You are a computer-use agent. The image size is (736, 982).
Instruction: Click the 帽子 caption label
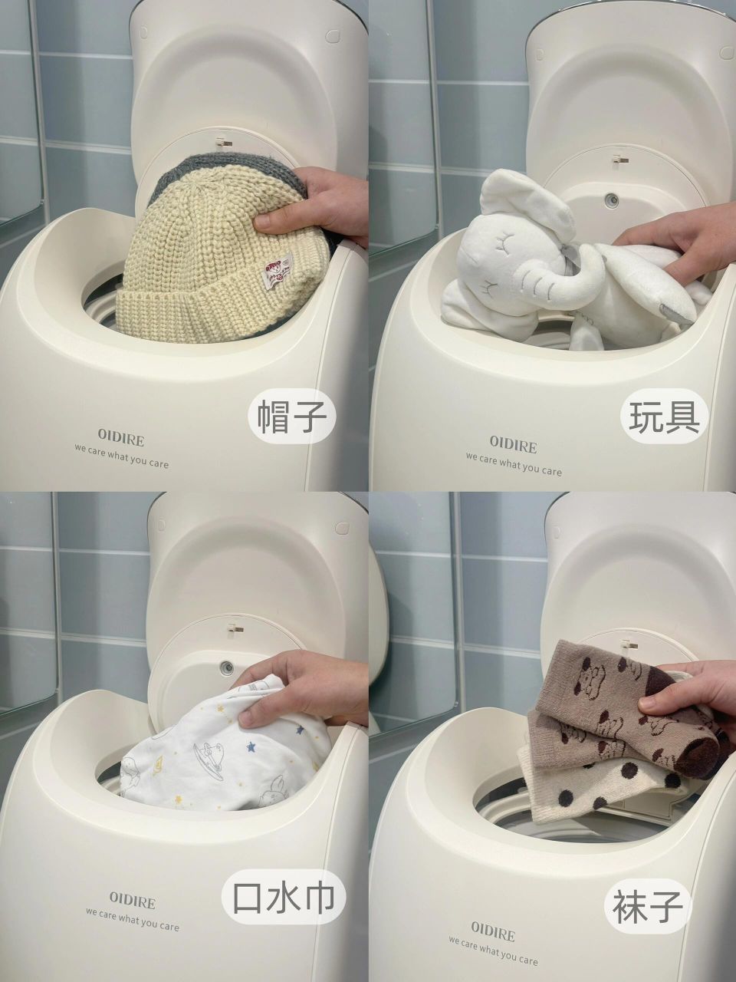(x=291, y=418)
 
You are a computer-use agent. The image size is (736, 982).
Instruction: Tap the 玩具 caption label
(x=664, y=418)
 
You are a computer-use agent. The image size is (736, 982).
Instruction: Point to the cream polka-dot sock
(x=594, y=779)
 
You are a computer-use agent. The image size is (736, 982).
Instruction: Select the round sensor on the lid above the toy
(x=610, y=199)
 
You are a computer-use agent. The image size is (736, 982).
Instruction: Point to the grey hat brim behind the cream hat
(x=232, y=173)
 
